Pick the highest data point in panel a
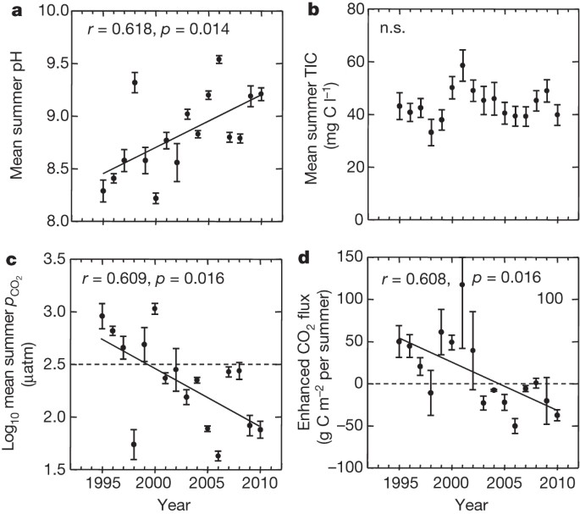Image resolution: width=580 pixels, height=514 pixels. point(218,59)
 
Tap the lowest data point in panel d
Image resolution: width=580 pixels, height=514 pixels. point(514,426)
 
